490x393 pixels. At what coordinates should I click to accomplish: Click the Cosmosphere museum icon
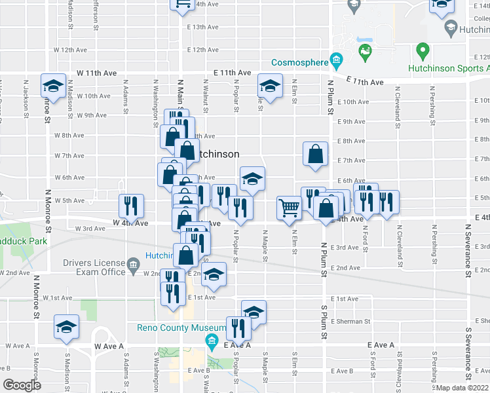(336, 62)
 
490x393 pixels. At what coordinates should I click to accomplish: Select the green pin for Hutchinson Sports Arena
(423, 50)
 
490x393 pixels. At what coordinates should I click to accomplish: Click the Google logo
(22, 385)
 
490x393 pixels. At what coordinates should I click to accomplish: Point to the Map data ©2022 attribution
(462, 388)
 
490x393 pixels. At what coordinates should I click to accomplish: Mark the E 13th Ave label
(202, 28)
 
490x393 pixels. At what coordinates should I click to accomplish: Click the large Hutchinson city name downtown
(216, 154)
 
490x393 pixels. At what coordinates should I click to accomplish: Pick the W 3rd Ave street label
(90, 229)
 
